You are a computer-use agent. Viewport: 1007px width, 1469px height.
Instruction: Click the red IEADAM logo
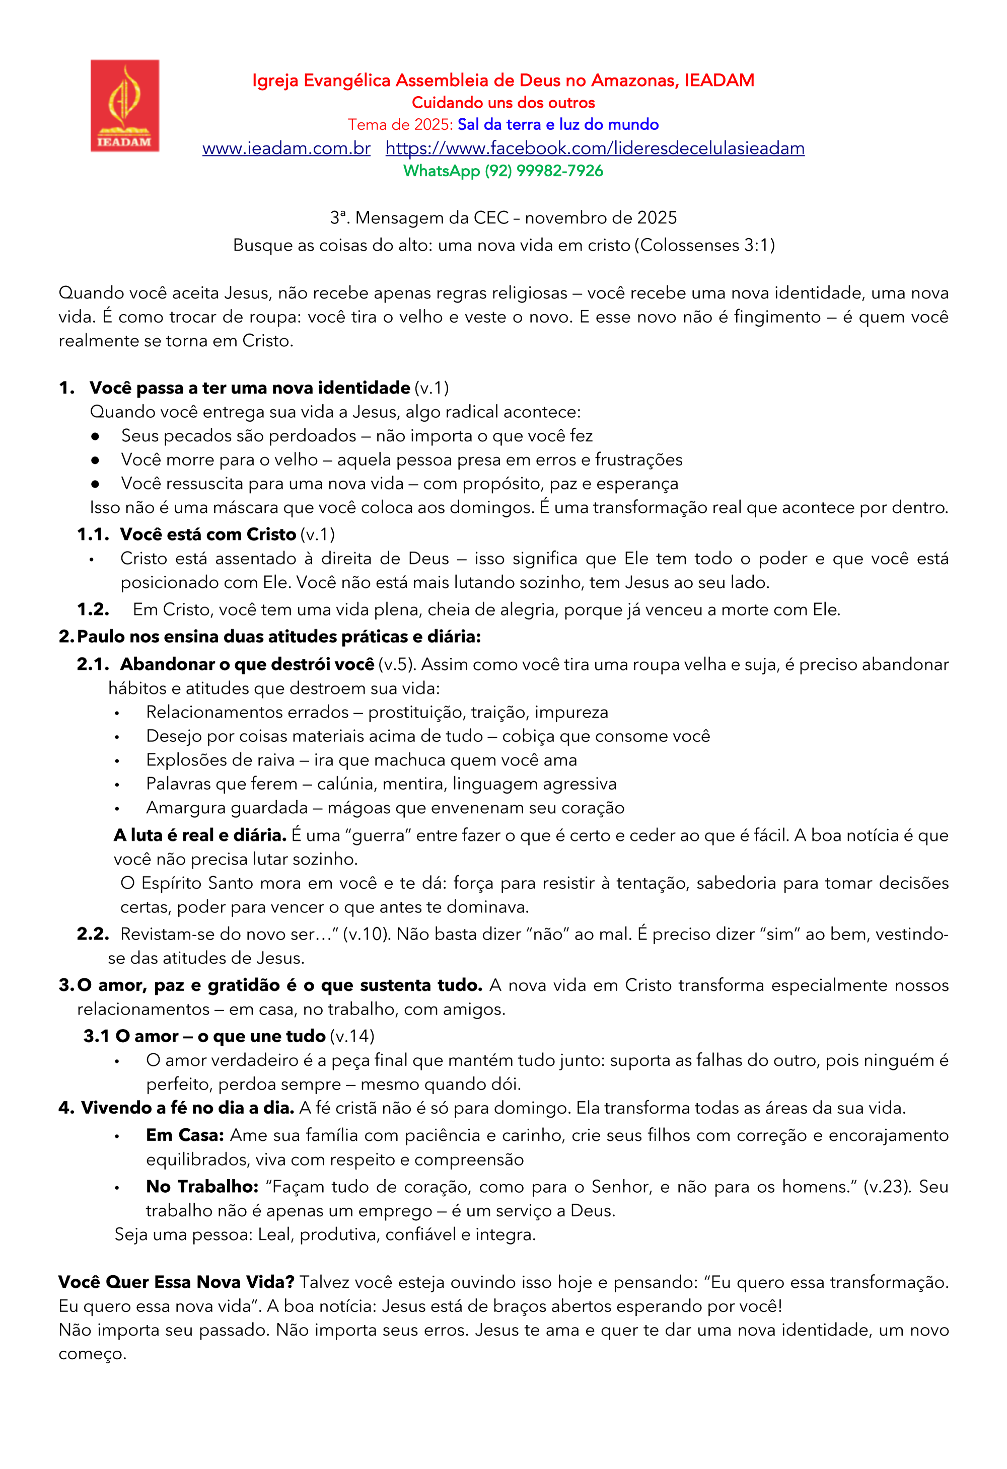point(124,106)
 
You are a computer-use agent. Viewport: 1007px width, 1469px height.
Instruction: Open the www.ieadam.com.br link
point(286,148)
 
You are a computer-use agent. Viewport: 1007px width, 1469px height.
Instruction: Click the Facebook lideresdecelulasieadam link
point(595,148)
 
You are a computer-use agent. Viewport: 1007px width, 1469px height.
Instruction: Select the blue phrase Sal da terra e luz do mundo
point(558,124)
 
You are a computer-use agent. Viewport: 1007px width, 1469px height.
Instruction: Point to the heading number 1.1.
point(92,535)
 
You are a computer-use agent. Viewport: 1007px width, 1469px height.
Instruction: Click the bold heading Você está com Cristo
point(208,535)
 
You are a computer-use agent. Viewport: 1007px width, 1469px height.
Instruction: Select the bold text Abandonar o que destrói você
point(247,664)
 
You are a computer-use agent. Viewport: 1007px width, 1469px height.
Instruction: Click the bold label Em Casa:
point(185,1135)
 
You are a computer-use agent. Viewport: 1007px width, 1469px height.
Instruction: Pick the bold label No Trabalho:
point(202,1187)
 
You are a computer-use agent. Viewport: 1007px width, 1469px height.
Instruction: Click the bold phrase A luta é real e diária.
point(200,835)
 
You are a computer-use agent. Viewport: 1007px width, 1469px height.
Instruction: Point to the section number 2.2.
point(92,934)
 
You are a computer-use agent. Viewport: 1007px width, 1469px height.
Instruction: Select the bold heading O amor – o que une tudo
point(220,1036)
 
